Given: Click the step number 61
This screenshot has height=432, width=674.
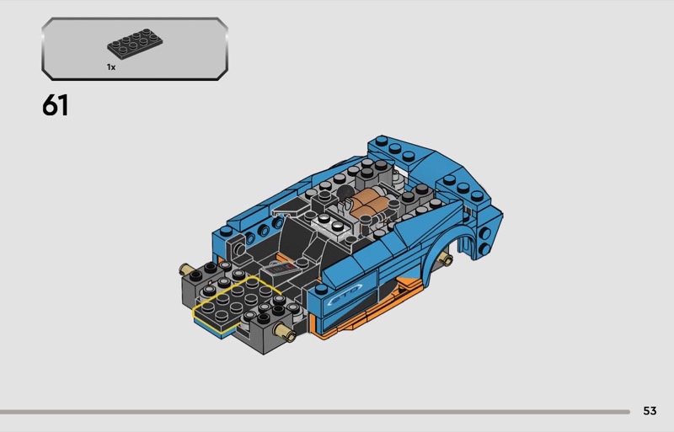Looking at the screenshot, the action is click(x=55, y=105).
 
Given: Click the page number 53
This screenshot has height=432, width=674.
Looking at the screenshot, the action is click(x=650, y=411).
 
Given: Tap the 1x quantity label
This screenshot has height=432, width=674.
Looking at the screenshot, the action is click(x=111, y=67).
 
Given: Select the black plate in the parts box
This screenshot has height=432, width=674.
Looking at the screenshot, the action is click(x=135, y=44).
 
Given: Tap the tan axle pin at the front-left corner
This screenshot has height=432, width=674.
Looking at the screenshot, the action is click(x=187, y=269).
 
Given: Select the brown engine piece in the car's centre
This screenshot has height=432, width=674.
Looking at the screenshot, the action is click(x=368, y=204).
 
